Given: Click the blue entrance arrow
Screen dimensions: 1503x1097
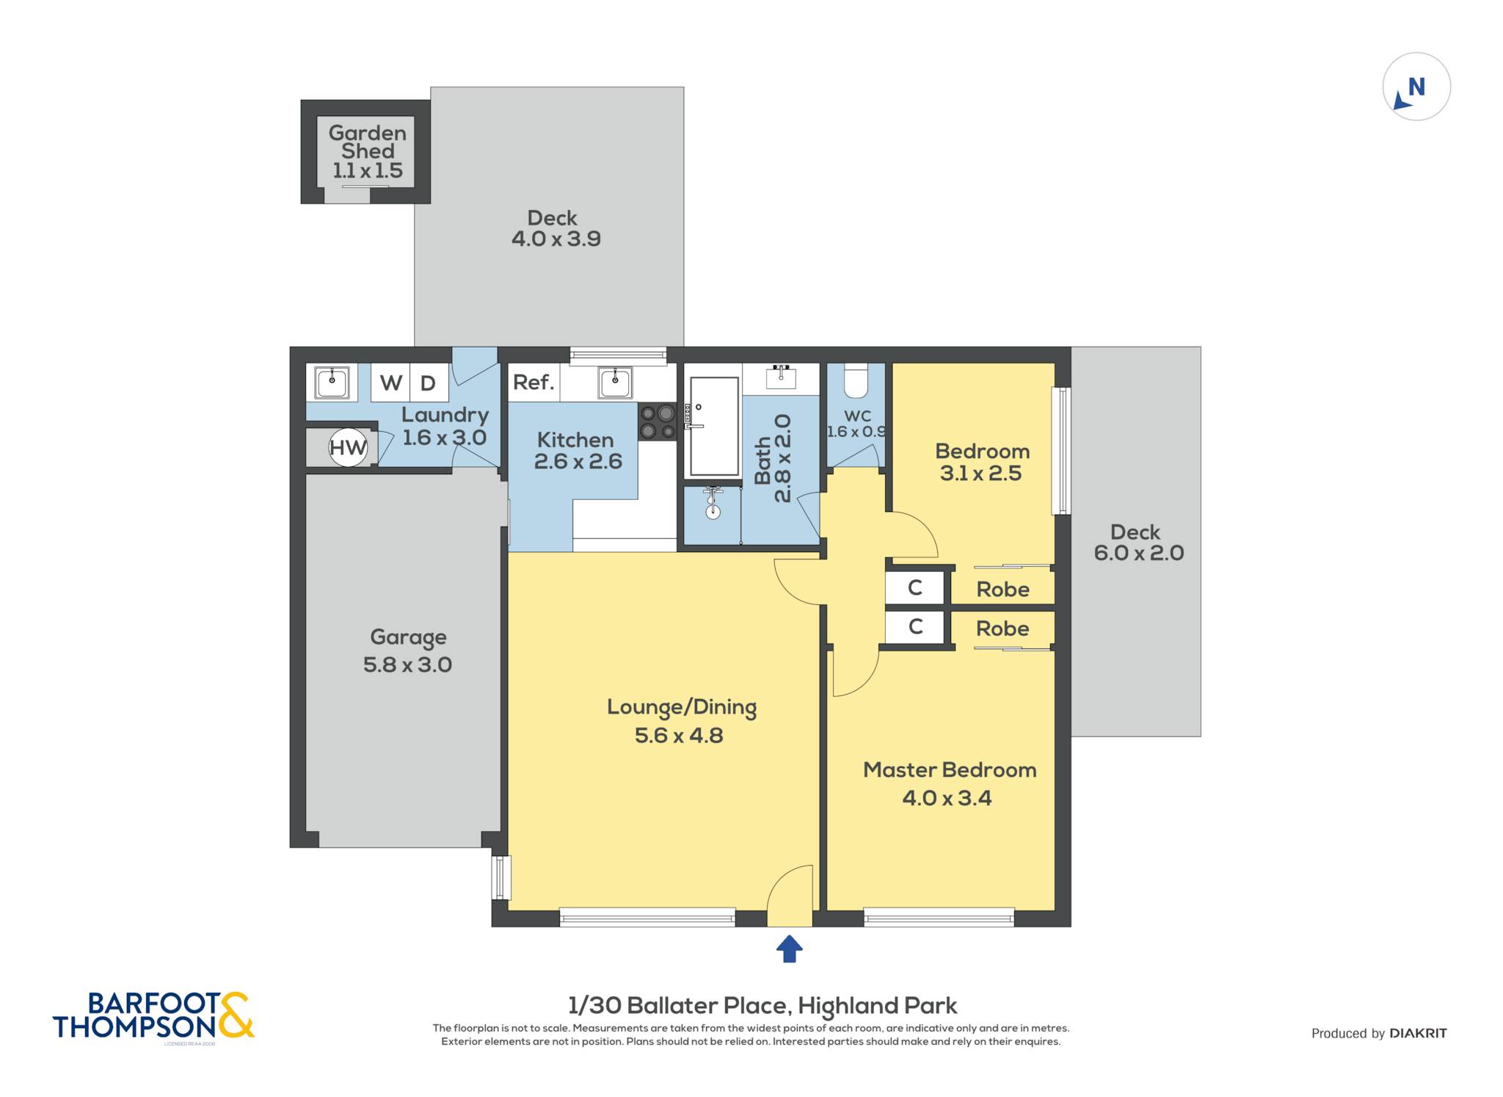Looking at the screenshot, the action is pyautogui.click(x=789, y=948).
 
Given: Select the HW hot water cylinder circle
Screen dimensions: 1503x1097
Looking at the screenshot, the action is pyautogui.click(x=348, y=447).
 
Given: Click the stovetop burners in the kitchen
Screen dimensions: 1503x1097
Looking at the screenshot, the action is pyautogui.click(x=657, y=421).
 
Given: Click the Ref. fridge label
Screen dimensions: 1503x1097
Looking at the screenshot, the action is pyautogui.click(x=534, y=383).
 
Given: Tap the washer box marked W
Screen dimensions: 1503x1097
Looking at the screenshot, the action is pyautogui.click(x=390, y=383).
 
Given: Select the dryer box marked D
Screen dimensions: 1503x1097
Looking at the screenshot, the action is pyautogui.click(x=429, y=383).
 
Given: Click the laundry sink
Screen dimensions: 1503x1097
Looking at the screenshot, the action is pyautogui.click(x=332, y=382).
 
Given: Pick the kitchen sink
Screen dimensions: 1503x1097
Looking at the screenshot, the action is pyautogui.click(x=615, y=382).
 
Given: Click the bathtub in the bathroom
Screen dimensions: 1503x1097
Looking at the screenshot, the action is pyautogui.click(x=714, y=427).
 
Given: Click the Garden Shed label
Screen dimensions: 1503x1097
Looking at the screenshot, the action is pyautogui.click(x=368, y=142).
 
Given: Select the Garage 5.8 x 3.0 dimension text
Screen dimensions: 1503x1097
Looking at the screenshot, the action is pyautogui.click(x=408, y=665).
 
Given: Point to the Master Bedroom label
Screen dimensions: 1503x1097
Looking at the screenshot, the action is pyautogui.click(x=950, y=770).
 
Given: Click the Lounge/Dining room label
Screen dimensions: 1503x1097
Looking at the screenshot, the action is pyautogui.click(x=682, y=708).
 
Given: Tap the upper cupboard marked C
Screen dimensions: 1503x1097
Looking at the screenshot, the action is pyautogui.click(x=914, y=587).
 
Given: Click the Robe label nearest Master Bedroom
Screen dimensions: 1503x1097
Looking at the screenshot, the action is pyautogui.click(x=1002, y=629).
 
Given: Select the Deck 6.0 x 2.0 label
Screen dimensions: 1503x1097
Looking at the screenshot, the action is pyautogui.click(x=1138, y=543).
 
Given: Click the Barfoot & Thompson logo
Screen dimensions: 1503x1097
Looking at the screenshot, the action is pyautogui.click(x=153, y=1016).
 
